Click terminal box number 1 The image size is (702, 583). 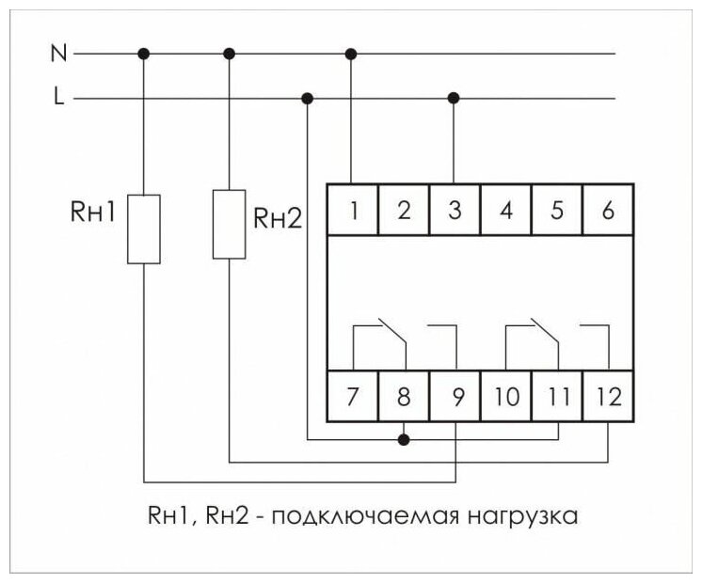click(353, 210)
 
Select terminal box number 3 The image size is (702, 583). click(455, 210)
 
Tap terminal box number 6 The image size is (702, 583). click(608, 210)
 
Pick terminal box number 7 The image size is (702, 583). click(353, 397)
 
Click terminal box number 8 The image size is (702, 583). click(404, 397)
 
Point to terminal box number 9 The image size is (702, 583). click(455, 397)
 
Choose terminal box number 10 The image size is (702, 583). click(506, 397)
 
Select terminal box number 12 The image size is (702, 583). click(609, 397)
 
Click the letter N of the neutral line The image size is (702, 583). click(58, 54)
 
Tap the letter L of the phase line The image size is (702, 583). click(59, 98)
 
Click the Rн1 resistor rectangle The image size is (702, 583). click(144, 228)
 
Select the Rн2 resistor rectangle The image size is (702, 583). click(230, 223)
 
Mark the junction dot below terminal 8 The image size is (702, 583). click(405, 438)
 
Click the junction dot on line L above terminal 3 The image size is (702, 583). click(455, 98)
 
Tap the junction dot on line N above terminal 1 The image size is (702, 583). click(353, 54)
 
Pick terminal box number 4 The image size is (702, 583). click(506, 210)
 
